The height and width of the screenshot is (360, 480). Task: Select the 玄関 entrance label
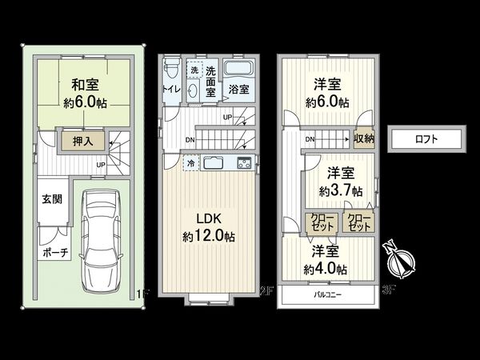pyautogui.click(x=50, y=199)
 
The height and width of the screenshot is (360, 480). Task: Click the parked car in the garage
pyautogui.click(x=101, y=242)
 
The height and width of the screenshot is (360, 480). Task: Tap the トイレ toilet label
pyautogui.click(x=170, y=89)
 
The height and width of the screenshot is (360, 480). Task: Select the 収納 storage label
pyautogui.click(x=364, y=138)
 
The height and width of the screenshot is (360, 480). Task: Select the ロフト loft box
pyautogui.click(x=426, y=139)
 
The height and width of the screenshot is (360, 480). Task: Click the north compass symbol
pyautogui.click(x=399, y=259)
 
